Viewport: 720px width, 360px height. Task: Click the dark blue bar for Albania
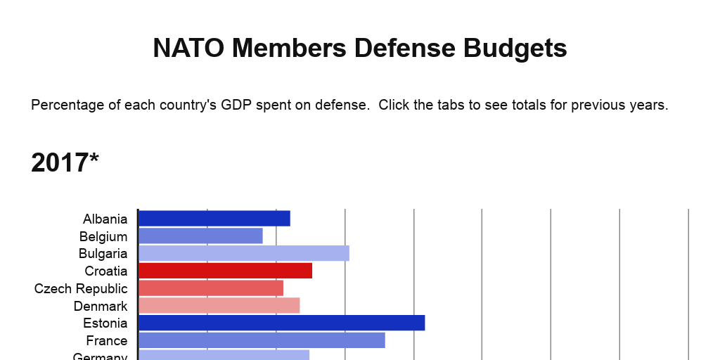point(214,219)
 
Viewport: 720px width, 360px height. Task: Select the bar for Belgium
point(200,236)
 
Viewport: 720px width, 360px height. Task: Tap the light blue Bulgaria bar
point(244,253)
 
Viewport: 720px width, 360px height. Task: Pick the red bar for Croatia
point(225,271)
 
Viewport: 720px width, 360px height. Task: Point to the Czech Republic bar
point(211,288)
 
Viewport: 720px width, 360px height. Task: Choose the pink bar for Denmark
point(219,305)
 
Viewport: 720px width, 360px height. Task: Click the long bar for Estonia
point(281,323)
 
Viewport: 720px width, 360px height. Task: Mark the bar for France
point(262,340)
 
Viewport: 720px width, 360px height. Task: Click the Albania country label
point(105,219)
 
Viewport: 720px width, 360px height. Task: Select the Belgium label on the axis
point(103,237)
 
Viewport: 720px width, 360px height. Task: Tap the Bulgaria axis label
point(103,254)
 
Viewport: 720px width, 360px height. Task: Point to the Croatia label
point(106,271)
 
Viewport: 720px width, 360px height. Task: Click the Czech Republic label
point(81,289)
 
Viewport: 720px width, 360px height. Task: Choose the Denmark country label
point(101,307)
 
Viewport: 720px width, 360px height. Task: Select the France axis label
point(107,341)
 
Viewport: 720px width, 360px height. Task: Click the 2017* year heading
point(65,163)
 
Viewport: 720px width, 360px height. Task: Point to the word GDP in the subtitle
point(236,105)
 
